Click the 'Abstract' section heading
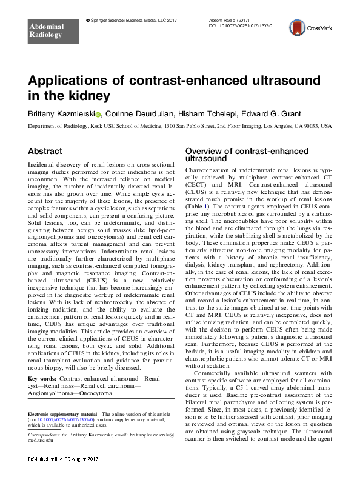click(x=45, y=150)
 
